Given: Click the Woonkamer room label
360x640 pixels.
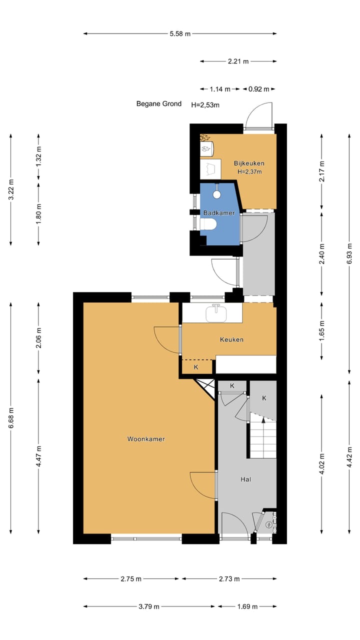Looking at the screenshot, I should pyautogui.click(x=146, y=439).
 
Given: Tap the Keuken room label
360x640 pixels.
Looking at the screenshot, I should pyautogui.click(x=231, y=339).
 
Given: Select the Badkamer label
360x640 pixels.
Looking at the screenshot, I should pyautogui.click(x=218, y=213).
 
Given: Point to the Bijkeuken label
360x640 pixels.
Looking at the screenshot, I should pyautogui.click(x=249, y=163).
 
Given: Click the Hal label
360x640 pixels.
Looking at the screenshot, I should pyautogui.click(x=245, y=479).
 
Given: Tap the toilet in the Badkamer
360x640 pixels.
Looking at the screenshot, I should pyautogui.click(x=208, y=224).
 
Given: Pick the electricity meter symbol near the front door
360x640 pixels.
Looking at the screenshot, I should pyautogui.click(x=269, y=524).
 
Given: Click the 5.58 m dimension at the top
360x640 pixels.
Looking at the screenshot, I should pyautogui.click(x=180, y=34).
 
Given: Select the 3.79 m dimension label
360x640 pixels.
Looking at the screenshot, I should pyautogui.click(x=149, y=606).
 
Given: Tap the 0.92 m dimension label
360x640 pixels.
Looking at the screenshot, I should pyautogui.click(x=259, y=89).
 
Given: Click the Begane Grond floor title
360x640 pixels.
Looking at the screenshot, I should pyautogui.click(x=159, y=104).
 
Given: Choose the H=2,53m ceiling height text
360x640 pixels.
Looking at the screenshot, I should pyautogui.click(x=205, y=105).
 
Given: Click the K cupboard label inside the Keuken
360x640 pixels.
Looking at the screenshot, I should pyautogui.click(x=196, y=367).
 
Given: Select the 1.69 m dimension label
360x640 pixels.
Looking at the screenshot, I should pyautogui.click(x=247, y=606).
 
